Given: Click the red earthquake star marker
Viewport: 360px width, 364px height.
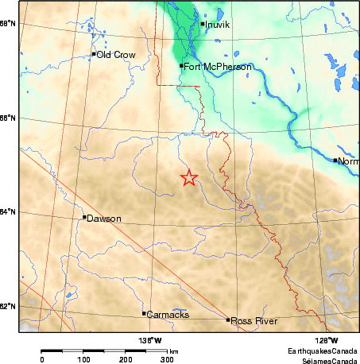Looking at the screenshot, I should pos(188,177).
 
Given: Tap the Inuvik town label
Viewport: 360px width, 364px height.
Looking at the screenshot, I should pos(217,25).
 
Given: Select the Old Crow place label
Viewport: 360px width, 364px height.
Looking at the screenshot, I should pos(116,55).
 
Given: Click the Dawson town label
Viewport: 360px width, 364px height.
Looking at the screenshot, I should pos(103,218).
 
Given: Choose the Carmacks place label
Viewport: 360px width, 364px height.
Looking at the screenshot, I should pos(168,314).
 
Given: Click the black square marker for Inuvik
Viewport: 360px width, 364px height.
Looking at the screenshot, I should pos(203,24).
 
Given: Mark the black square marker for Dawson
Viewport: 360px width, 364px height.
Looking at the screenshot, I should pos(84,217).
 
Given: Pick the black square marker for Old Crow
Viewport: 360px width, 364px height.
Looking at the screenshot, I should pos(94,54).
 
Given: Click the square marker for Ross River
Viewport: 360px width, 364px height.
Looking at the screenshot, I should pos(228,319).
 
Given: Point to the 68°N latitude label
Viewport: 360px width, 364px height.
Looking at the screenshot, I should pos(9,24).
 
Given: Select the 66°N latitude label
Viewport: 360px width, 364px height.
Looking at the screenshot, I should pos(9,118).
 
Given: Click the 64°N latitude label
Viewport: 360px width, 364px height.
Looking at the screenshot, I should pos(9,211).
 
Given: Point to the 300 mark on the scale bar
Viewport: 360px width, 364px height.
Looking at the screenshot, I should pos(167,359).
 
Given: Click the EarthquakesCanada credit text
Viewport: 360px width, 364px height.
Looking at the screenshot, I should pos(323,350).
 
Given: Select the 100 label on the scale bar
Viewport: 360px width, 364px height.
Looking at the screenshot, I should pos(83,359).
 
